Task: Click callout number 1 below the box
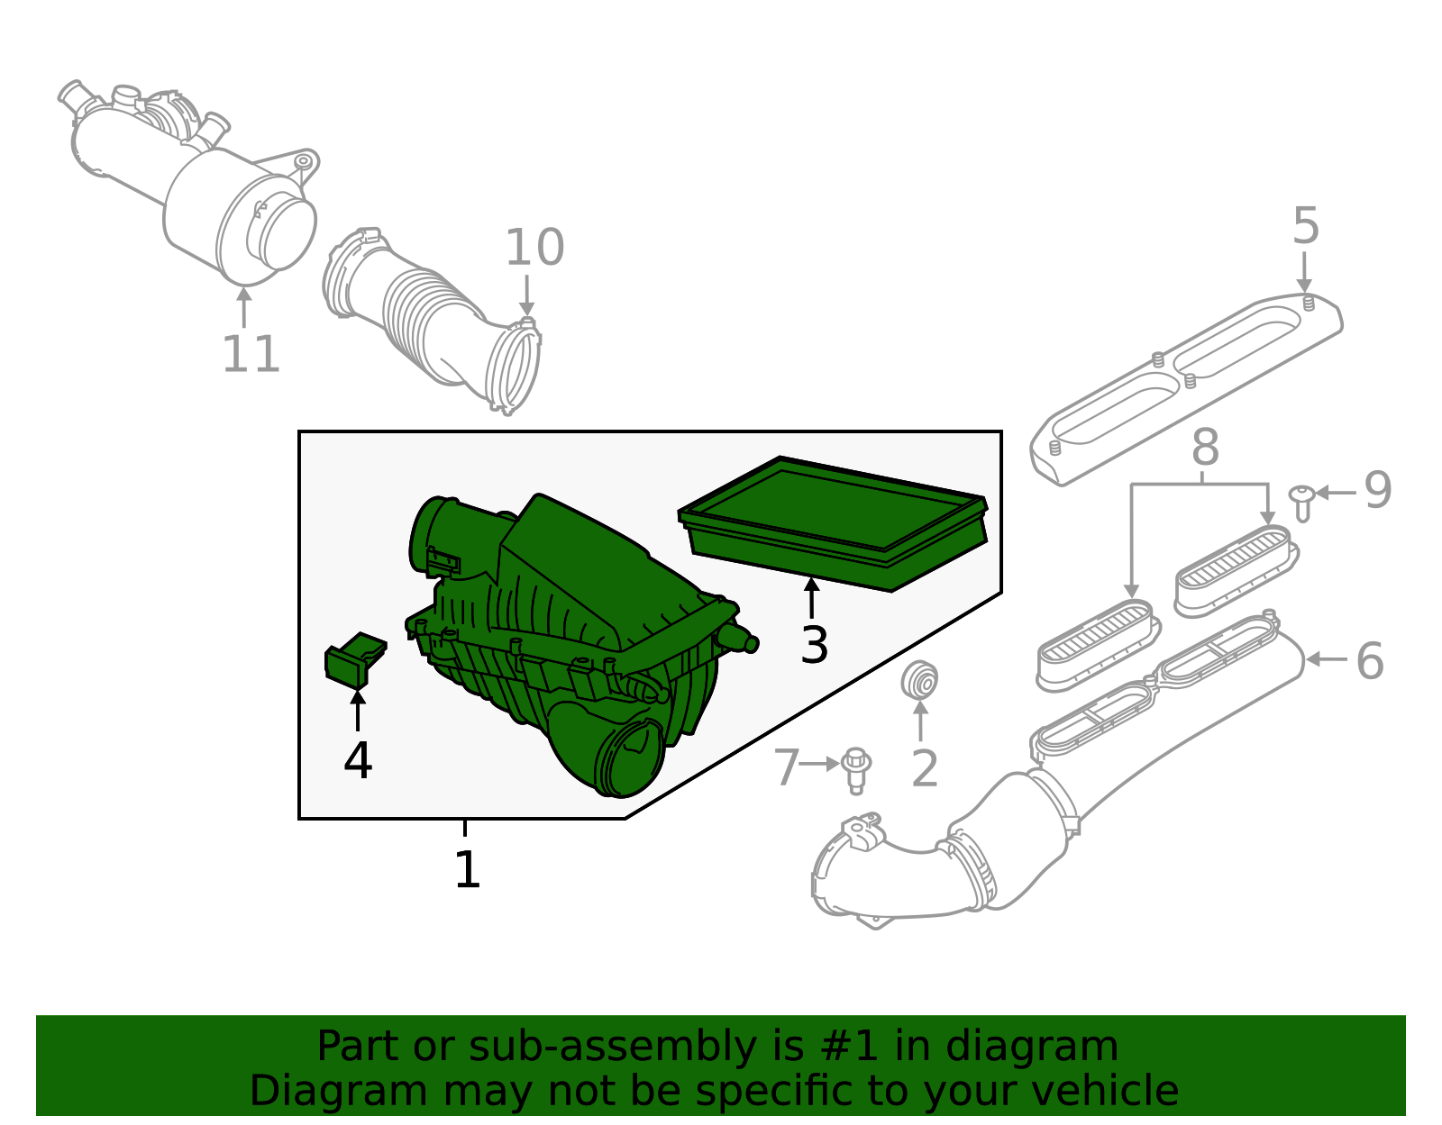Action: pyautogui.click(x=467, y=870)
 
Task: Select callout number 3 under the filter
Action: pyautogui.click(x=814, y=645)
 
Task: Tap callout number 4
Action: pyautogui.click(x=358, y=761)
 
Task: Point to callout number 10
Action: pyautogui.click(x=534, y=248)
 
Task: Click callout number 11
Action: pyautogui.click(x=251, y=354)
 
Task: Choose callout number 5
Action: pyautogui.click(x=1305, y=226)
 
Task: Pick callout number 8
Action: pyautogui.click(x=1205, y=448)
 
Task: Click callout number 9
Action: pyautogui.click(x=1377, y=491)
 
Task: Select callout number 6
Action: pyautogui.click(x=1369, y=661)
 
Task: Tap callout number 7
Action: pyautogui.click(x=787, y=767)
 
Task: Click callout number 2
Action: pyautogui.click(x=925, y=768)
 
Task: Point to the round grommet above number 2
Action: pyautogui.click(x=920, y=681)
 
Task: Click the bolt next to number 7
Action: pyautogui.click(x=855, y=770)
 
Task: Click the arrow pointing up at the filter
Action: pyautogui.click(x=812, y=598)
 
